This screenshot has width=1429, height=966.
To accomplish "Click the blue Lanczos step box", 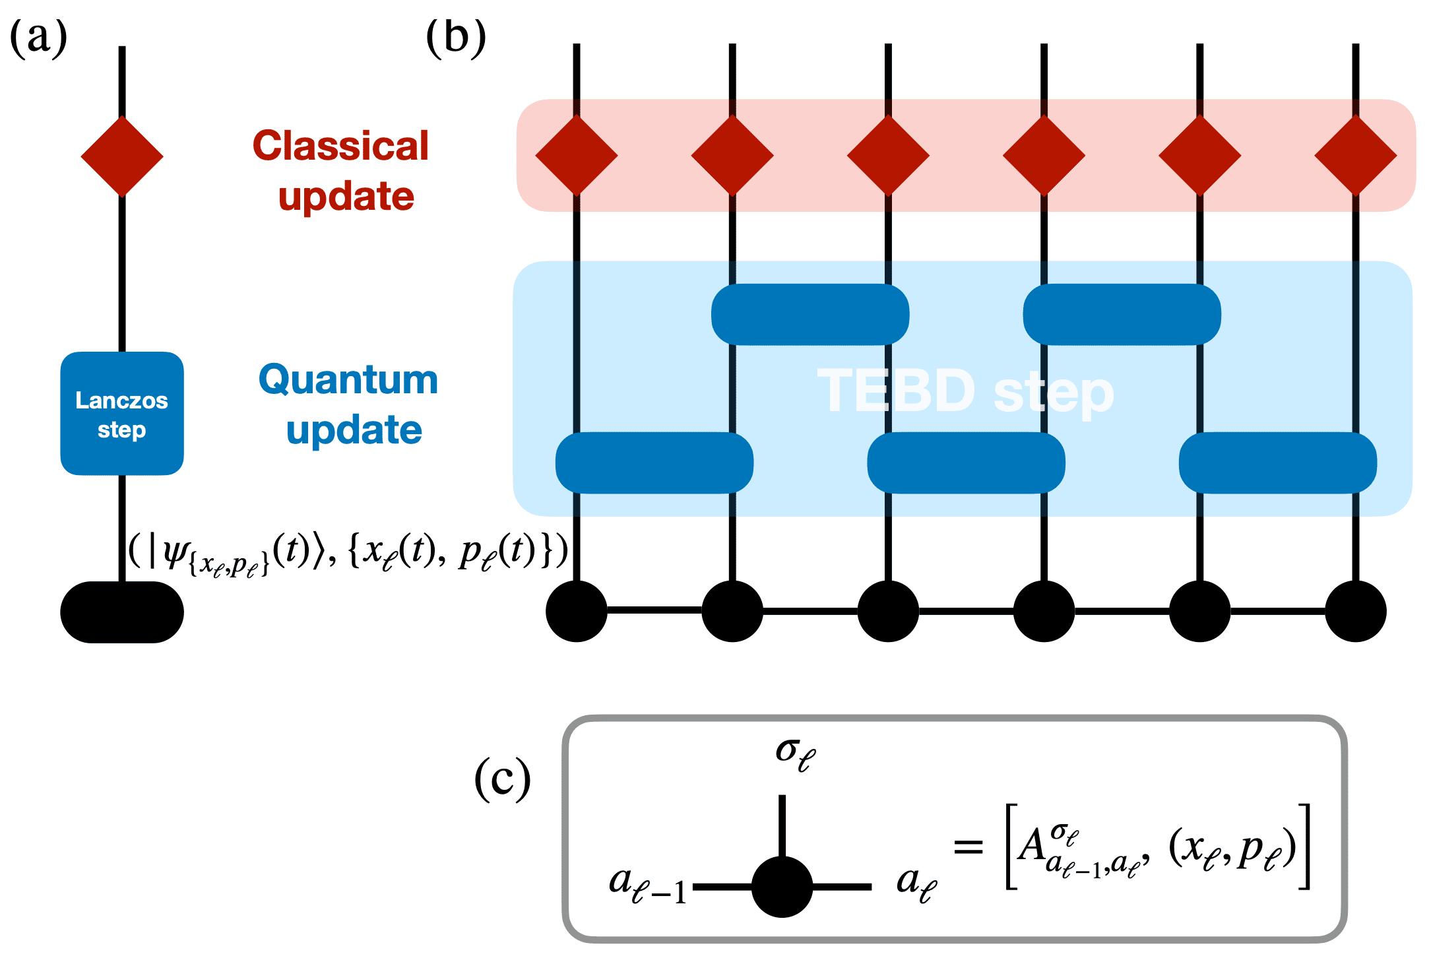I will point(122,414).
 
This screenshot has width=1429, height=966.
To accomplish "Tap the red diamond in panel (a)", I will point(122,156).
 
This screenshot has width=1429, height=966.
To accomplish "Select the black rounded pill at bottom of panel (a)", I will point(122,612).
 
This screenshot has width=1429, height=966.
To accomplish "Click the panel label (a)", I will point(38,38).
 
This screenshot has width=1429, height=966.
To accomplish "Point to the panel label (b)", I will point(456,38).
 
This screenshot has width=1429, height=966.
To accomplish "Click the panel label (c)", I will point(502,779).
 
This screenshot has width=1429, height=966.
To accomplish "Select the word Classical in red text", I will point(340,146).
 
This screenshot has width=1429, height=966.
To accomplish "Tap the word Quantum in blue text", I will point(348,380).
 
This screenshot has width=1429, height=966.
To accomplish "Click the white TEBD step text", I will point(965,391).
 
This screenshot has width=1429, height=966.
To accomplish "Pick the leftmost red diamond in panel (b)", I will point(577,156).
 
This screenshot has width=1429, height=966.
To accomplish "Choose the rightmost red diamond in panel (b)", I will point(1355,156).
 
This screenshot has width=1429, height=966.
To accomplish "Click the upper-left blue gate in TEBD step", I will point(810,315).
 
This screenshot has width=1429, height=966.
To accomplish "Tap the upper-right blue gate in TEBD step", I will point(1122,315).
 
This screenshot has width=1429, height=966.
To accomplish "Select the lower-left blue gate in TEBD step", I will point(654,463).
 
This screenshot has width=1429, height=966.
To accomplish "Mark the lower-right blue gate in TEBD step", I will point(1277,463).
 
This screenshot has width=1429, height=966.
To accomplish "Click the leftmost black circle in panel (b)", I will point(577,611).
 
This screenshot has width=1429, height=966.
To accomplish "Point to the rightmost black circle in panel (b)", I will point(1355,611).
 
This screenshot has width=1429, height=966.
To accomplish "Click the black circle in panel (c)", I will point(782,887).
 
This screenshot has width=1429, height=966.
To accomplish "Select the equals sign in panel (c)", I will point(969,847).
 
